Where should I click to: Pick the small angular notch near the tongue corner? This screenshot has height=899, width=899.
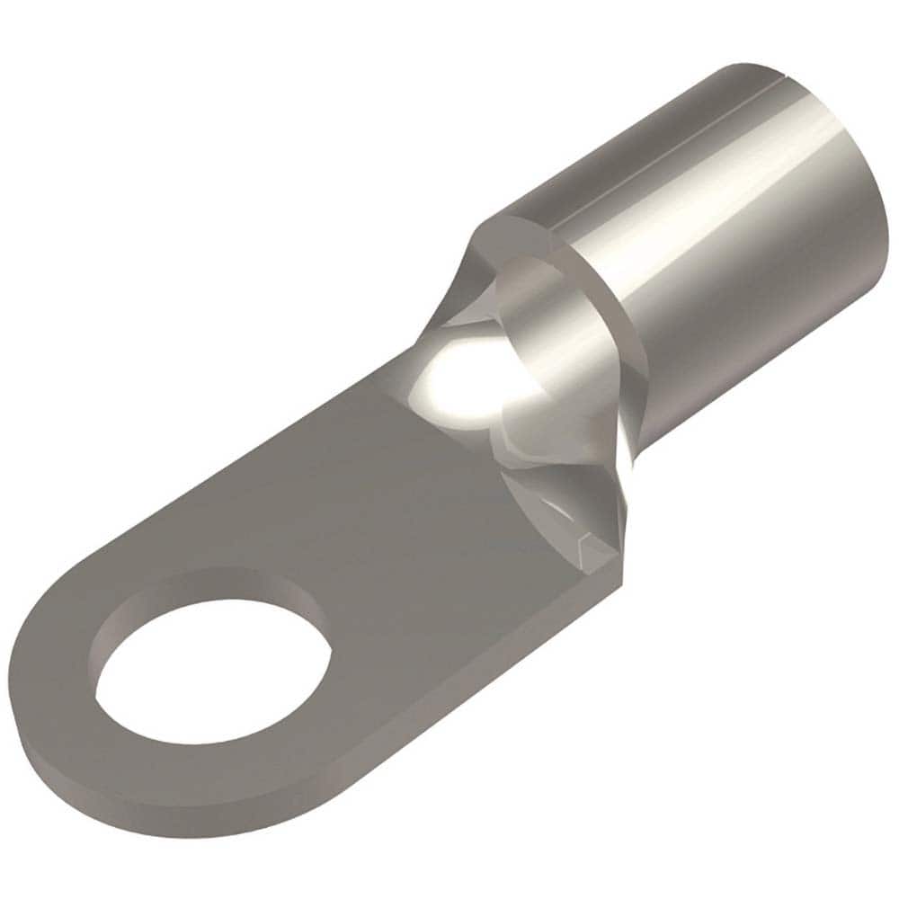589,539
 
